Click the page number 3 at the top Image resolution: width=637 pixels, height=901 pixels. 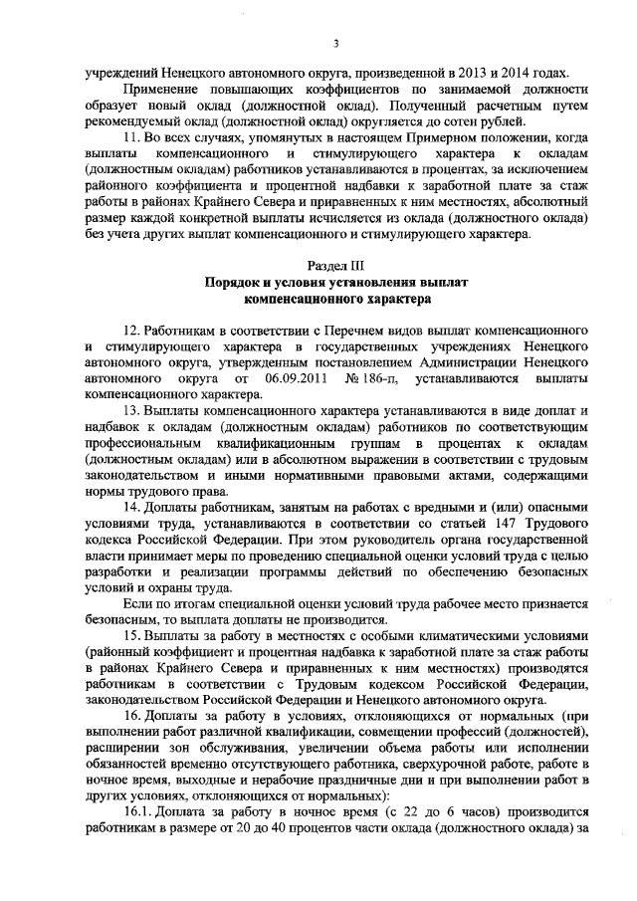[x=335, y=41]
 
